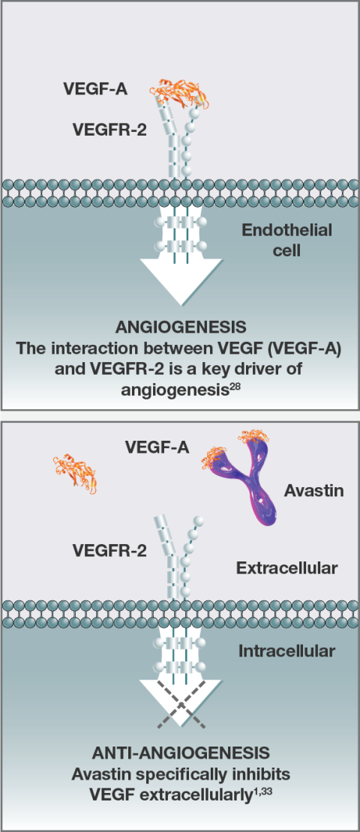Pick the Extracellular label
tap(286, 568)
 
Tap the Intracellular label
tap(286, 651)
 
